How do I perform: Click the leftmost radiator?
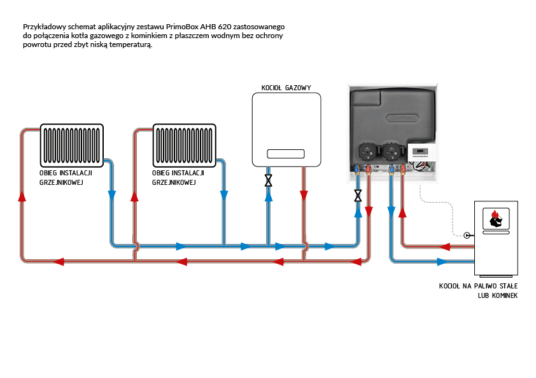pos(71,145)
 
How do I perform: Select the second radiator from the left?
pos(185,145)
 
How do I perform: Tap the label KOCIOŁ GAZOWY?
pos(286,87)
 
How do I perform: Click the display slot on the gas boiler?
pos(286,154)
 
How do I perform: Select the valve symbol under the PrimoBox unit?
pos(358,196)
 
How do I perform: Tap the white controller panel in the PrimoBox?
pos(422,152)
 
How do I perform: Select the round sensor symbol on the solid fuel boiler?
pos(468,234)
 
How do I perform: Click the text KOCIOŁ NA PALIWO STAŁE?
pos(478,287)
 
